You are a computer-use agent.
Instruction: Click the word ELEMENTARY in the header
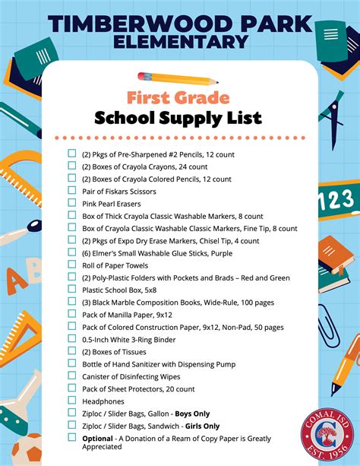(x=179, y=40)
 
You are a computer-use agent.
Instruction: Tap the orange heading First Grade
(x=178, y=97)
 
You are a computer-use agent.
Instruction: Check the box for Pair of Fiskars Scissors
(x=72, y=191)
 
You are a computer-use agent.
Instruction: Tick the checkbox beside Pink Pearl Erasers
(x=72, y=203)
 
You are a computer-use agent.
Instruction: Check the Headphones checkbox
(x=72, y=400)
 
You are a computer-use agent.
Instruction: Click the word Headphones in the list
(x=103, y=401)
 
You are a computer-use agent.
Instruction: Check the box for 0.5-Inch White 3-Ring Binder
(x=72, y=338)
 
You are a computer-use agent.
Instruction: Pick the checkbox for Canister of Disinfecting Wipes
(x=72, y=376)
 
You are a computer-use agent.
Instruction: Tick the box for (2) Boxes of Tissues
(x=72, y=350)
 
